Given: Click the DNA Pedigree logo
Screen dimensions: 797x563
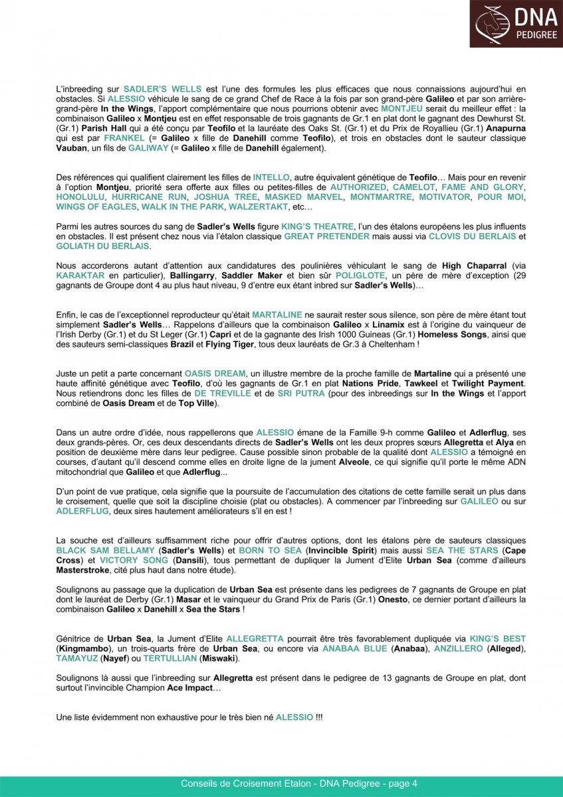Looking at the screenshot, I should pos(516,24).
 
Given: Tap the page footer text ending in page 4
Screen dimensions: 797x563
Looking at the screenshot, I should pos(299,784).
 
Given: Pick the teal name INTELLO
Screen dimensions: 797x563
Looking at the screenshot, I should pos(271,178).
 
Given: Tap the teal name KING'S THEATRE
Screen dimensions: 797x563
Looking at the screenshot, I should pos(315,226).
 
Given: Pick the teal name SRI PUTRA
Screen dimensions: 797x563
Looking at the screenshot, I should pos(301,393).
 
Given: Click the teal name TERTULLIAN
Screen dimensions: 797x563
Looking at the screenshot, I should pos(168,658).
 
